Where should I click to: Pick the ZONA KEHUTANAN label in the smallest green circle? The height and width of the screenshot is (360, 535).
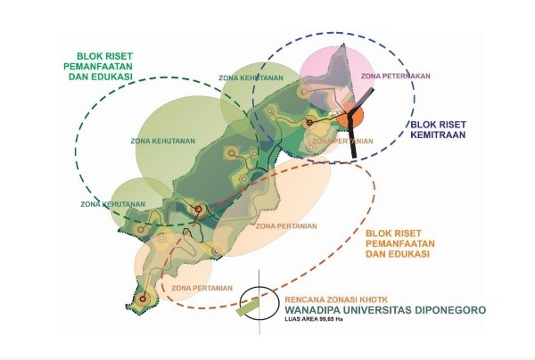(112, 204)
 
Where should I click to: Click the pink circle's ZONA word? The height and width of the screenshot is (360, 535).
(372, 78)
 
